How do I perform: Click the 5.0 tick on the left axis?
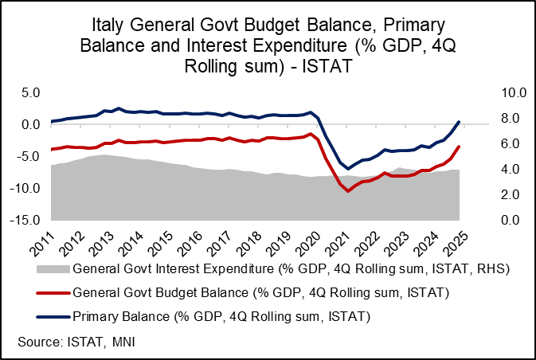point(30,92)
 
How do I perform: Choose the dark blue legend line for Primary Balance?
point(52,318)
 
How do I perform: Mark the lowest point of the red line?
point(347,191)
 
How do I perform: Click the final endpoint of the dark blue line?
point(459,122)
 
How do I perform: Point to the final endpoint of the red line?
point(459,147)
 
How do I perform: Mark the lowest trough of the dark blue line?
point(347,168)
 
